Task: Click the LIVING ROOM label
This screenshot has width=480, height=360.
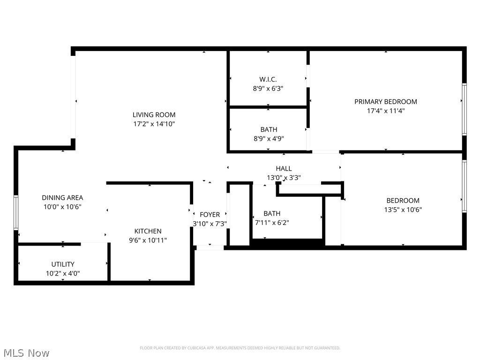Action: [x=154, y=115]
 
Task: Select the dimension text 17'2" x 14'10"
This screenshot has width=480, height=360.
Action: [x=154, y=124]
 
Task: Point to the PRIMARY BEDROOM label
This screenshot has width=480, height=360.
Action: [x=385, y=102]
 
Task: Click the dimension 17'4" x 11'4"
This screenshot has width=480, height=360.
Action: [x=385, y=111]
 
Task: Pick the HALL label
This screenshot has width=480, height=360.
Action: [x=284, y=169]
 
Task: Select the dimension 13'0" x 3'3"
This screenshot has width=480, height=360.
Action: [x=284, y=178]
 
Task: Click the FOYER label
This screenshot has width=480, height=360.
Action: [x=210, y=215]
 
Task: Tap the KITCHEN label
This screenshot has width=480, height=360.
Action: [x=148, y=231]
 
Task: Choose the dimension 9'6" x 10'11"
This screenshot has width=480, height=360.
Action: [x=148, y=240]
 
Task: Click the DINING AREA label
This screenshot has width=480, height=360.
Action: [x=62, y=198]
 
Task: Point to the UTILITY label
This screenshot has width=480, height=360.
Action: [x=63, y=264]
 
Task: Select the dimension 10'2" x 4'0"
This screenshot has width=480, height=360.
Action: [x=63, y=273]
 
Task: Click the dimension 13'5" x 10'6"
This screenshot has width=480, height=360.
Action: [x=403, y=210]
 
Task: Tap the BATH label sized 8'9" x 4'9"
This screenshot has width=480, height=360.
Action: [x=269, y=129]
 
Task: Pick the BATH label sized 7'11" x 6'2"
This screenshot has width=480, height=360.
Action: [x=272, y=214]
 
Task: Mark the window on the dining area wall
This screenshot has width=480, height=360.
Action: [x=15, y=212]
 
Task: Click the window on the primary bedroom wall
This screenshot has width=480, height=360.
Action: [x=464, y=109]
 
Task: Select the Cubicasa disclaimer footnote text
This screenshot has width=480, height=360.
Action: [x=240, y=348]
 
